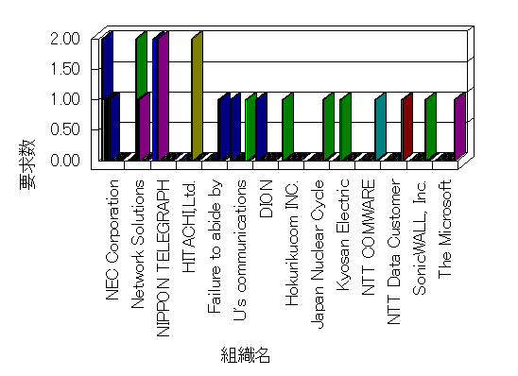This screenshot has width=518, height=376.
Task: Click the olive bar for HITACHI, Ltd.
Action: pyautogui.click(x=198, y=95)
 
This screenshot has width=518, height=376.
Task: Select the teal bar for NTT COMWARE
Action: pyautogui.click(x=381, y=126)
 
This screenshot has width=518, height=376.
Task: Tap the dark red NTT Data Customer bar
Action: pyautogui.click(x=407, y=126)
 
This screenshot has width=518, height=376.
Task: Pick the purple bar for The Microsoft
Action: pyautogui.click(x=459, y=126)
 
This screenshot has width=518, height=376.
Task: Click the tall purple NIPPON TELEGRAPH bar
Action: pyautogui.click(x=164, y=95)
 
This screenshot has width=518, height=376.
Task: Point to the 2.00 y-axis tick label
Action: pyautogui.click(x=65, y=39)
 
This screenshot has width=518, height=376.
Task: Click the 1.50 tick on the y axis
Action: pyautogui.click(x=65, y=69)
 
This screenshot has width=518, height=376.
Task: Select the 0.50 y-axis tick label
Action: pyautogui.click(x=65, y=129)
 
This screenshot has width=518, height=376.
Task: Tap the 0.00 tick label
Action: pyautogui.click(x=65, y=160)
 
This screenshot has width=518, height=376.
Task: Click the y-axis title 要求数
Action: pyautogui.click(x=27, y=164)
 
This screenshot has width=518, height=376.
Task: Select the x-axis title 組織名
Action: pyautogui.click(x=246, y=355)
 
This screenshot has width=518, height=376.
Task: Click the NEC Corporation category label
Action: pyautogui.click(x=112, y=240)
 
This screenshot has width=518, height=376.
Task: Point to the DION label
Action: pyautogui.click(x=267, y=198)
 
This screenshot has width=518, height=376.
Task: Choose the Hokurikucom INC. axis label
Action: pyautogui.click(x=292, y=243)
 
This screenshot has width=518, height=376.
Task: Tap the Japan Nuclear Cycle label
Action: pyautogui.click(x=318, y=254)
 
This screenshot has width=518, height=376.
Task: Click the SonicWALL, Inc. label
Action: pyautogui.click(x=420, y=237)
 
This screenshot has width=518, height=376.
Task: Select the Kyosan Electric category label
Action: pyautogui.click(x=343, y=235)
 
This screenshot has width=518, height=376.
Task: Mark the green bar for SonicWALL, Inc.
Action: pyautogui.click(x=430, y=126)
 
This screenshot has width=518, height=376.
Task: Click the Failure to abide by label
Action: pyautogui.click(x=215, y=247)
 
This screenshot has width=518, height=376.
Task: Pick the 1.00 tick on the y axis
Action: pyautogui.click(x=65, y=99)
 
